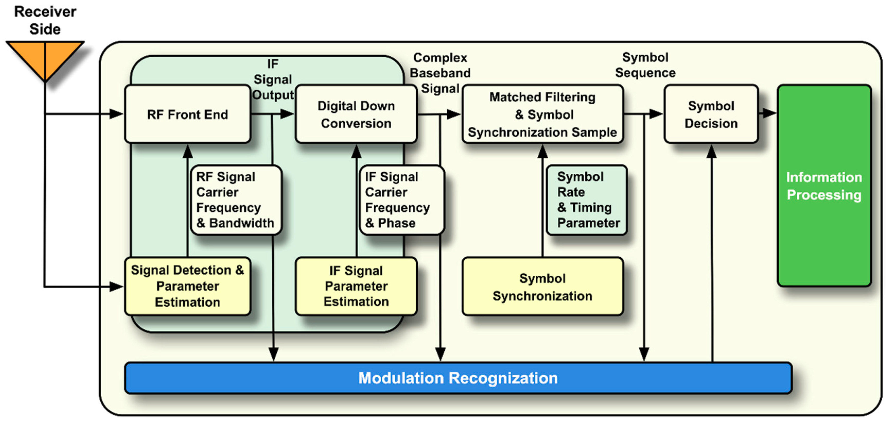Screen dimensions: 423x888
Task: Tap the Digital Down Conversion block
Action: tap(356, 114)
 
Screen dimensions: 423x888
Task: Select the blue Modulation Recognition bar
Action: tap(458, 378)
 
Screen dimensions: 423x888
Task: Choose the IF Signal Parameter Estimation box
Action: tap(356, 286)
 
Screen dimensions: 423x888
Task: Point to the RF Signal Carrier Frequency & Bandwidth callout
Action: tap(236, 200)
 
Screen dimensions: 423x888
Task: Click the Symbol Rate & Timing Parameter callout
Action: tap(586, 200)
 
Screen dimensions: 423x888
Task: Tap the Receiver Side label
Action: tap(45, 20)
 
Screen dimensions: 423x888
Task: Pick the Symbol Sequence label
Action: tap(645, 65)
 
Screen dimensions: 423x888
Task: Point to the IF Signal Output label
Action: tap(273, 79)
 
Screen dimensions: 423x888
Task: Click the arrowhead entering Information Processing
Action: tap(769, 113)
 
